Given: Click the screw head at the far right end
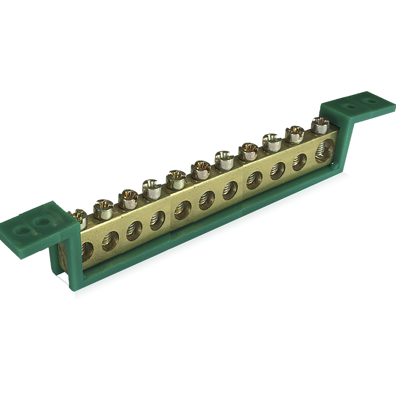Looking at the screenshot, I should [320, 125].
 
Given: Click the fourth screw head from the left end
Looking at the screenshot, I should [152, 188].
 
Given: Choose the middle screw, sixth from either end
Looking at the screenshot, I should [201, 168].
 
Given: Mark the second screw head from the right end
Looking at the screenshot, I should [294, 133].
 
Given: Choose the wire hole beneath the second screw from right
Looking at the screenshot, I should [299, 162].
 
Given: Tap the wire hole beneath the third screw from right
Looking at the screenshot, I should [277, 171].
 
